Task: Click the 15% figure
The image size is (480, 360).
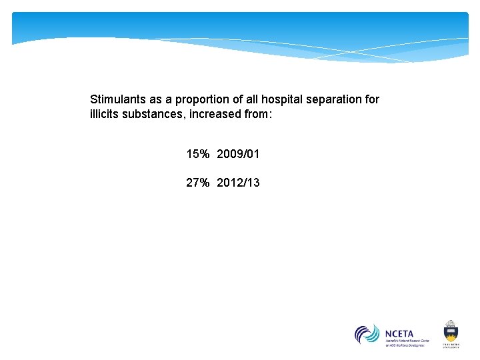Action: (198, 154)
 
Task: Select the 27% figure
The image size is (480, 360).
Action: (198, 182)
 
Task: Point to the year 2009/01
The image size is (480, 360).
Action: (238, 154)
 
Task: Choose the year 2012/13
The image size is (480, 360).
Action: (238, 182)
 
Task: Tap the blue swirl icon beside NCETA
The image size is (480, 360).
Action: (367, 334)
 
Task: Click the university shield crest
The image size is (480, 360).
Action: (450, 331)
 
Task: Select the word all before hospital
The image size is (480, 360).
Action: (251, 99)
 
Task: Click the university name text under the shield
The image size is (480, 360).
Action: (450, 345)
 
